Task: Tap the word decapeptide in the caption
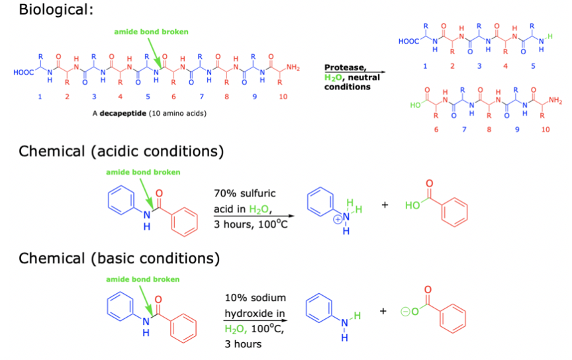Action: [x=122, y=113]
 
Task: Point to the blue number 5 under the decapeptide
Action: [x=147, y=97]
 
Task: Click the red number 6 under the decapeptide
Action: [x=174, y=97]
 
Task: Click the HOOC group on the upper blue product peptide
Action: [x=409, y=41]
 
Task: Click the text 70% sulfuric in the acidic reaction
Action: [x=244, y=193]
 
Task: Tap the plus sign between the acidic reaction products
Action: [x=385, y=206]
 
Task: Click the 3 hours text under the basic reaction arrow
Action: [x=242, y=343]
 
